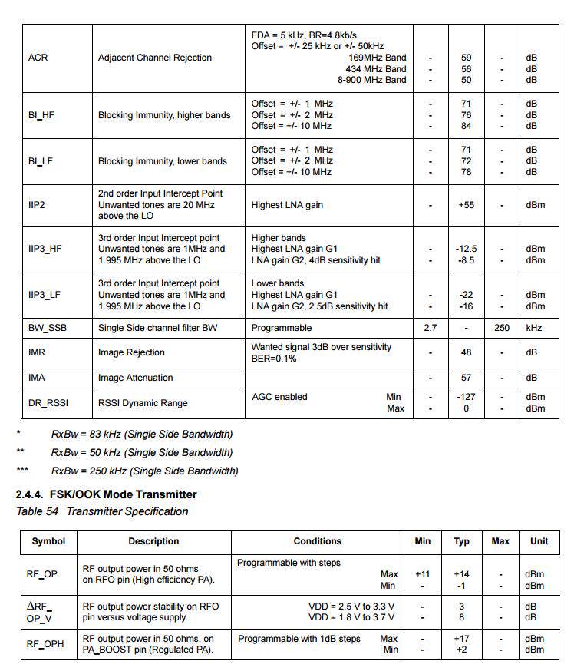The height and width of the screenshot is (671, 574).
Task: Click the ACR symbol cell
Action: click(38, 58)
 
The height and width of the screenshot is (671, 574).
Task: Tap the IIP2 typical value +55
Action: click(466, 205)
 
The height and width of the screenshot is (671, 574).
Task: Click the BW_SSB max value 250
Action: click(502, 328)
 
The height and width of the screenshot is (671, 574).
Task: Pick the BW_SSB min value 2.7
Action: click(430, 328)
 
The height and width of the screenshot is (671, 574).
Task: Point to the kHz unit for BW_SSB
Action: click(534, 328)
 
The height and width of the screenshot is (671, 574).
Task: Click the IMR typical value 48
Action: click(466, 352)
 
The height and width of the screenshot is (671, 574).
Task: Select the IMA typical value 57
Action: click(466, 378)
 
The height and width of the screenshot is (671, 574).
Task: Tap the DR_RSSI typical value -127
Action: click(466, 397)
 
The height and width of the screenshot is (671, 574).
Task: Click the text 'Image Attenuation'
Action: click(136, 378)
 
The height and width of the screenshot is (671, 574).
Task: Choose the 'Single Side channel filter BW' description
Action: click(158, 328)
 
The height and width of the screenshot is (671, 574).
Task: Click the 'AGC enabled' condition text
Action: click(279, 397)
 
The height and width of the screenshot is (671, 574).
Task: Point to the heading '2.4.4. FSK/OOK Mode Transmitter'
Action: click(107, 494)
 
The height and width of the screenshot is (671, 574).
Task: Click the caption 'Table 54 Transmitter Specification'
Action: click(102, 511)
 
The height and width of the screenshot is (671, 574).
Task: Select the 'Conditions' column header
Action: click(317, 541)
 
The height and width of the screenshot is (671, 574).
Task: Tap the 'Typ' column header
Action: click(461, 541)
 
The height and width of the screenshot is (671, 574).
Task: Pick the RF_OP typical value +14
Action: click(461, 573)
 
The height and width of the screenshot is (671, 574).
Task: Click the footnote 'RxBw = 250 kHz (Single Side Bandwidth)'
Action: click(145, 471)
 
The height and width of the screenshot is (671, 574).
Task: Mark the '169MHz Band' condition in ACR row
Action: click(377, 58)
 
